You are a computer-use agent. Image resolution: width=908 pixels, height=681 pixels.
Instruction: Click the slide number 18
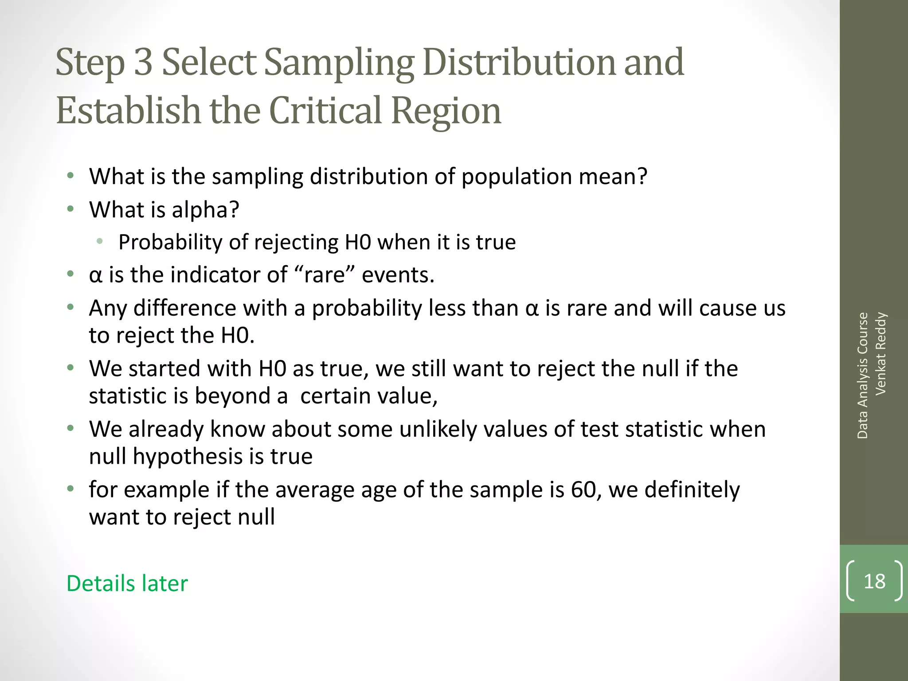(x=874, y=581)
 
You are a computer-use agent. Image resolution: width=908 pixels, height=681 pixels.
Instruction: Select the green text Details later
(x=127, y=583)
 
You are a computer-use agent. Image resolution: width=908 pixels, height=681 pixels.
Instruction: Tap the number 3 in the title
(x=143, y=63)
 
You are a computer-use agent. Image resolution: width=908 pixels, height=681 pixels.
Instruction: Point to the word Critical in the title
(x=325, y=110)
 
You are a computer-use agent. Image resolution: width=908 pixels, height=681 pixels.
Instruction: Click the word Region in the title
(x=446, y=110)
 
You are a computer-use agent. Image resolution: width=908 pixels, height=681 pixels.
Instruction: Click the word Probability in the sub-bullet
(x=170, y=242)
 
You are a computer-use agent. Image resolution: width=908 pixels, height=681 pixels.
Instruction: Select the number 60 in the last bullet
(x=583, y=489)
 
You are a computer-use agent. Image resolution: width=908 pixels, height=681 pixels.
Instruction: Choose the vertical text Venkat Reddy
(x=881, y=353)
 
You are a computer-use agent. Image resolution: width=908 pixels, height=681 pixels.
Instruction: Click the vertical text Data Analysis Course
(x=862, y=376)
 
